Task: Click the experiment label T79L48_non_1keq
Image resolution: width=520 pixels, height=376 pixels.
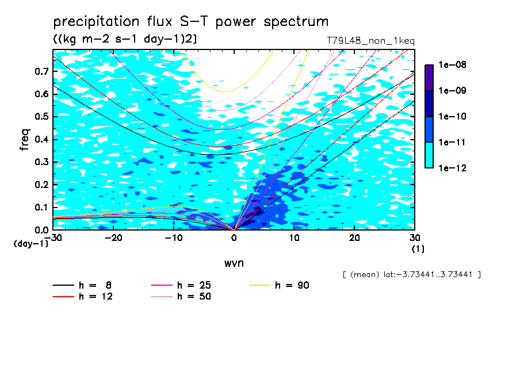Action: tap(371, 41)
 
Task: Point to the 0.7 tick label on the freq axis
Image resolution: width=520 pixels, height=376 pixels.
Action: tap(41, 71)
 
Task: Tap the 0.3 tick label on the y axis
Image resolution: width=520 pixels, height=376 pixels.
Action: tap(41, 162)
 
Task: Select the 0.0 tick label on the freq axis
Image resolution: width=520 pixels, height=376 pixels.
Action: tap(41, 229)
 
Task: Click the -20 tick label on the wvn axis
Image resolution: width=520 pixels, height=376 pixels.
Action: tap(113, 238)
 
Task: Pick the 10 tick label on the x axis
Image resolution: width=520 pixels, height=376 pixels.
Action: tap(294, 238)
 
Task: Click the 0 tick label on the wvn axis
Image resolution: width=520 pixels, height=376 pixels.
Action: tap(234, 238)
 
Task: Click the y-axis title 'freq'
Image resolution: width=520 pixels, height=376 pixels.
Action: tap(25, 139)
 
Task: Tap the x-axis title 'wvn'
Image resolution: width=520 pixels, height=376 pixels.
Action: tap(234, 263)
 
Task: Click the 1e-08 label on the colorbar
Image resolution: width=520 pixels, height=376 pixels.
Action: tap(452, 64)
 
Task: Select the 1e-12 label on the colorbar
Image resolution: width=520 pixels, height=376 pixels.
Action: tap(452, 168)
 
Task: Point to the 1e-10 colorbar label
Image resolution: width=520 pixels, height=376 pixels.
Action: tap(452, 116)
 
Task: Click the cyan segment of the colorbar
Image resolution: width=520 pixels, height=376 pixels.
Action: tap(429, 155)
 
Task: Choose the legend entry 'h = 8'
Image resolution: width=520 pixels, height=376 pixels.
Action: tap(82, 285)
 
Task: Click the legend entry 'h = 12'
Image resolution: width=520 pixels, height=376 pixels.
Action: tap(83, 296)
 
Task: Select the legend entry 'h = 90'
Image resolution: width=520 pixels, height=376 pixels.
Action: tap(279, 285)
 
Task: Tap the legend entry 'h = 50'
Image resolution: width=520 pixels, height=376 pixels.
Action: tap(181, 296)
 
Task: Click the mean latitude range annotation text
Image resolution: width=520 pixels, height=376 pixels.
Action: tap(411, 275)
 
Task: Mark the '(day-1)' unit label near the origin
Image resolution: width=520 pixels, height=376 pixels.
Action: tap(30, 244)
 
